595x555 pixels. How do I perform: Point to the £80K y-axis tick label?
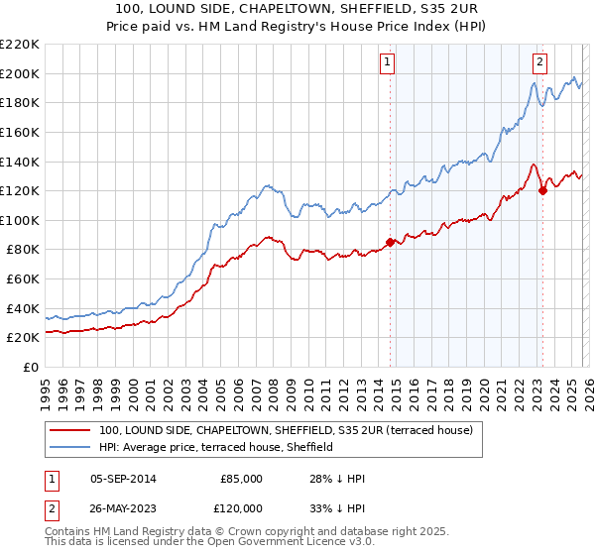point(23,250)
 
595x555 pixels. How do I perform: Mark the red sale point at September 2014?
point(390,242)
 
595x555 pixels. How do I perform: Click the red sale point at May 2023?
point(542,190)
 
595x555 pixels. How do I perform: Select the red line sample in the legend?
point(71,431)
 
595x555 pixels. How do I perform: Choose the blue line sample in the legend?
point(71,448)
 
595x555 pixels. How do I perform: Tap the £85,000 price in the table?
point(241,479)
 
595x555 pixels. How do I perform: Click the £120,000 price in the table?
point(241,508)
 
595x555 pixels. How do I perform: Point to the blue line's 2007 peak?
point(267,184)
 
